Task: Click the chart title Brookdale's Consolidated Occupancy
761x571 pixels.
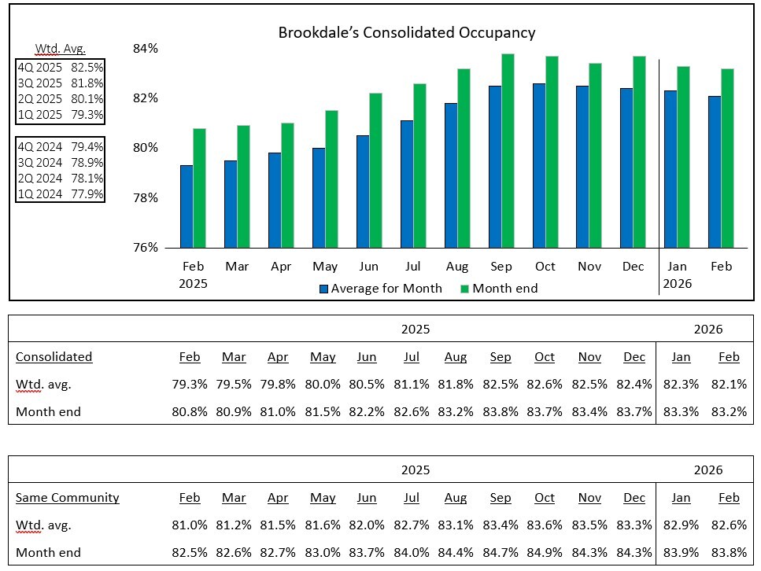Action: click(x=407, y=33)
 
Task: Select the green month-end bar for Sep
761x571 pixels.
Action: click(x=508, y=150)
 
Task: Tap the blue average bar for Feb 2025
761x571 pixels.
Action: click(x=187, y=206)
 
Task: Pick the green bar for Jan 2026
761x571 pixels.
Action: click(x=683, y=157)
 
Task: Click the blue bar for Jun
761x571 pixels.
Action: click(x=363, y=191)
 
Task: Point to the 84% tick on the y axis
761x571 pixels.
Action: click(x=146, y=49)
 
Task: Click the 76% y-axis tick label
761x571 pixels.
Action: click(x=146, y=247)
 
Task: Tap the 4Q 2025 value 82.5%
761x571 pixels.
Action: click(x=87, y=68)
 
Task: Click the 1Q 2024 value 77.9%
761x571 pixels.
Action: click(x=87, y=193)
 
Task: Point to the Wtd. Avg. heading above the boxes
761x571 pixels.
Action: click(x=60, y=49)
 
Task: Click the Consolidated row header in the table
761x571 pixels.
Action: click(x=54, y=357)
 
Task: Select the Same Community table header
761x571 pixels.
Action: click(x=68, y=498)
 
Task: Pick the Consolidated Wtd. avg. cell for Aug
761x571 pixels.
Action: click(x=456, y=385)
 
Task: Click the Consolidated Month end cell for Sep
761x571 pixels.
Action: click(x=501, y=411)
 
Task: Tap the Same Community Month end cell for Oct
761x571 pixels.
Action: click(x=545, y=552)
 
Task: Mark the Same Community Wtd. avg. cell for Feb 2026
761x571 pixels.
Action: click(x=729, y=525)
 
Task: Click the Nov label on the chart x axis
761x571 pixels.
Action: click(x=589, y=267)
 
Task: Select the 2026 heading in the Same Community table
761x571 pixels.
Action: click(x=707, y=470)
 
